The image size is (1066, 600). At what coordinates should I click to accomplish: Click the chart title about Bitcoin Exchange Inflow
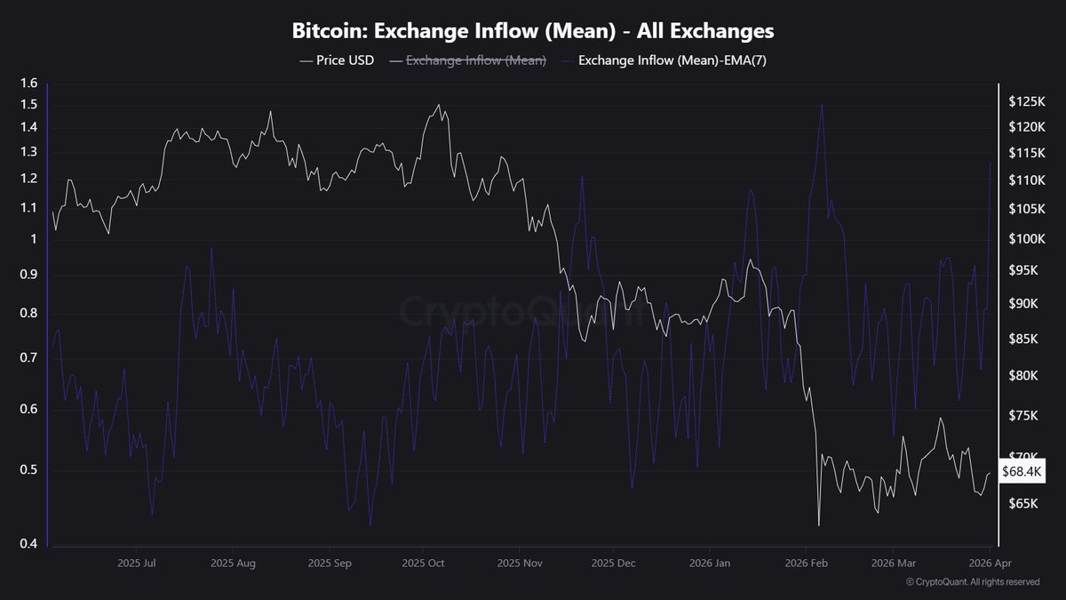coord(533,31)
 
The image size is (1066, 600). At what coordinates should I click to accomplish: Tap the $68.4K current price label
coord(1022,472)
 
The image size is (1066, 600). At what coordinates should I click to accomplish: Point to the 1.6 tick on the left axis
coord(28,84)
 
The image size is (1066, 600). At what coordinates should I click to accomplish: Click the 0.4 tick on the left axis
coord(28,544)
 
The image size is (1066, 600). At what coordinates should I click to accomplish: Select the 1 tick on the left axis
coord(34,239)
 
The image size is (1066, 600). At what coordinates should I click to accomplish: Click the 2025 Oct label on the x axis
coord(422,563)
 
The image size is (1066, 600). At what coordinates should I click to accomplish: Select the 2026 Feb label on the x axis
coord(807,563)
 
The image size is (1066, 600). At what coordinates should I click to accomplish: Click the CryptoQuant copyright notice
coord(972,582)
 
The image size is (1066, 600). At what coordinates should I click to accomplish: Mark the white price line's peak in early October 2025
coord(438,105)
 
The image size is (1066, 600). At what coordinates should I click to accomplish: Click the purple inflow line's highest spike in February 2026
coord(821,105)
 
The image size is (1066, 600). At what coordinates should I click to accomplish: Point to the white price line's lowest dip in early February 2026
coord(818,524)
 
